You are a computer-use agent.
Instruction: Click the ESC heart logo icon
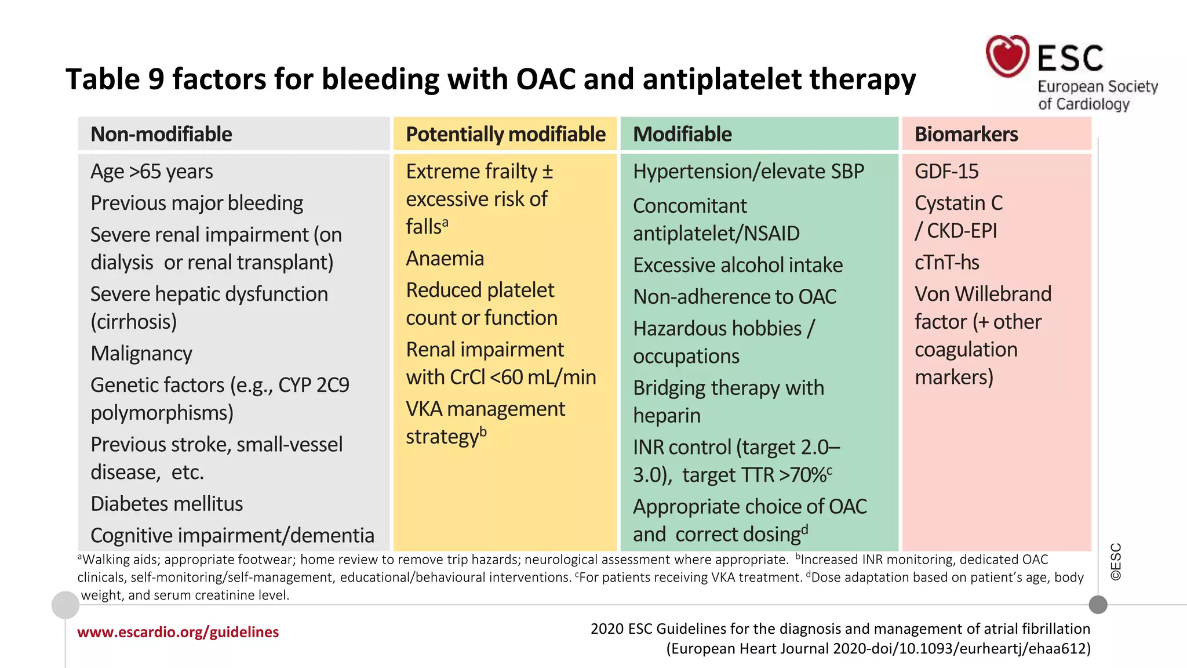point(1007,56)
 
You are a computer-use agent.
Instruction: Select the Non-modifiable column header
point(161,134)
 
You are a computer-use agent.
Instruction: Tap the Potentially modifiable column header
point(505,134)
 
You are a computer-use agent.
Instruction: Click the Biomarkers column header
point(966,134)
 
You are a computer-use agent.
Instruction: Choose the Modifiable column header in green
point(682,134)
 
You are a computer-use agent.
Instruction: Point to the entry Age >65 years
point(152,172)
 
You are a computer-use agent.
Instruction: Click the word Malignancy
point(141,353)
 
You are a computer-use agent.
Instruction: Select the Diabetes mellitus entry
point(167,503)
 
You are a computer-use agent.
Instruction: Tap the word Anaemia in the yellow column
point(445,258)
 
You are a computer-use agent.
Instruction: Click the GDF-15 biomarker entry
point(946,172)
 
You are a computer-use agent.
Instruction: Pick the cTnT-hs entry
point(946,262)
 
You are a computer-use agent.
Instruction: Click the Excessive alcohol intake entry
point(737,265)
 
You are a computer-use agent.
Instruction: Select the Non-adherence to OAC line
point(734,296)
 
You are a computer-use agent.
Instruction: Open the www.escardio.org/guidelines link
point(178,631)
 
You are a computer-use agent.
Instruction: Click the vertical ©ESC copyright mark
point(1116,561)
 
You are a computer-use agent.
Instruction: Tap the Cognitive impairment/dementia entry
point(232,535)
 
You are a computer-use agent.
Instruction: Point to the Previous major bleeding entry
point(196,203)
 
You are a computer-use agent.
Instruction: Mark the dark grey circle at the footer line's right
point(1098,605)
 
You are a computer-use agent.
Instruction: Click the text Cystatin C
point(958,203)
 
